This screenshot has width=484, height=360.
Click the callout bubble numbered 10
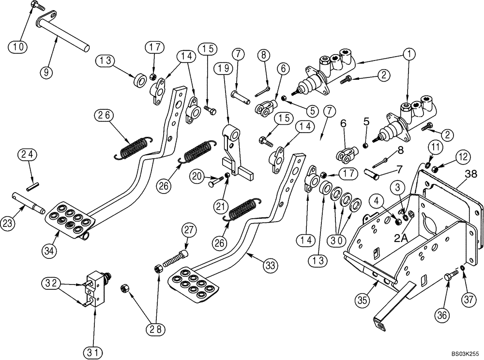[17, 47]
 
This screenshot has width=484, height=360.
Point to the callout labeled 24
[28, 155]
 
